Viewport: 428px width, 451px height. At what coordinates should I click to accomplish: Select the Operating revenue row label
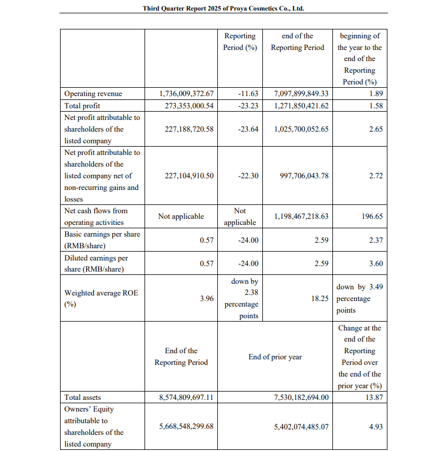[93, 94]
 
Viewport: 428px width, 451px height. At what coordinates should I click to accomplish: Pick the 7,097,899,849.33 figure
[301, 94]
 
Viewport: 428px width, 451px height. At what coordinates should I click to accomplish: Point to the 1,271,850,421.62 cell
[301, 106]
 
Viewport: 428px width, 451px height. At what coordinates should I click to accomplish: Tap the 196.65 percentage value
[372, 216]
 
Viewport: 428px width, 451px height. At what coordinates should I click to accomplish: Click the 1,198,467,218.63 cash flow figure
[301, 216]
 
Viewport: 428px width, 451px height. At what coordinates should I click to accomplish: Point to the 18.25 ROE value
[320, 298]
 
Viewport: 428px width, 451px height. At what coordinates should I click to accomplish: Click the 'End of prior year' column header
[275, 357]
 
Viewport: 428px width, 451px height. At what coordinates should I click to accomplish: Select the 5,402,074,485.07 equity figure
[301, 427]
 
